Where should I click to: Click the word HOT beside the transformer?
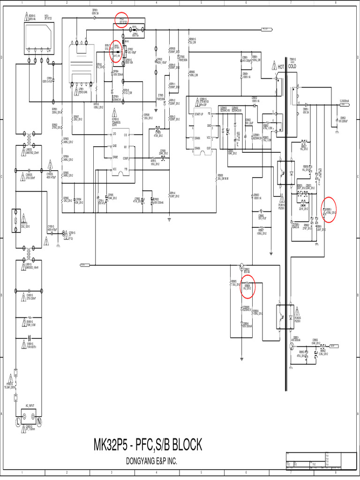click(281, 67)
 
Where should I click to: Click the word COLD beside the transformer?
click(292, 67)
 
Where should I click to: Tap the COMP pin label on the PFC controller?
click(126, 158)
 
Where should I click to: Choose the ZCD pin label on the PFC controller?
click(114, 134)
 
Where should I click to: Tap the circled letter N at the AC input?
click(39, 422)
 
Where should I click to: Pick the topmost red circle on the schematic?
click(121, 20)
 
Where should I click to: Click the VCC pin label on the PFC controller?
click(114, 169)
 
